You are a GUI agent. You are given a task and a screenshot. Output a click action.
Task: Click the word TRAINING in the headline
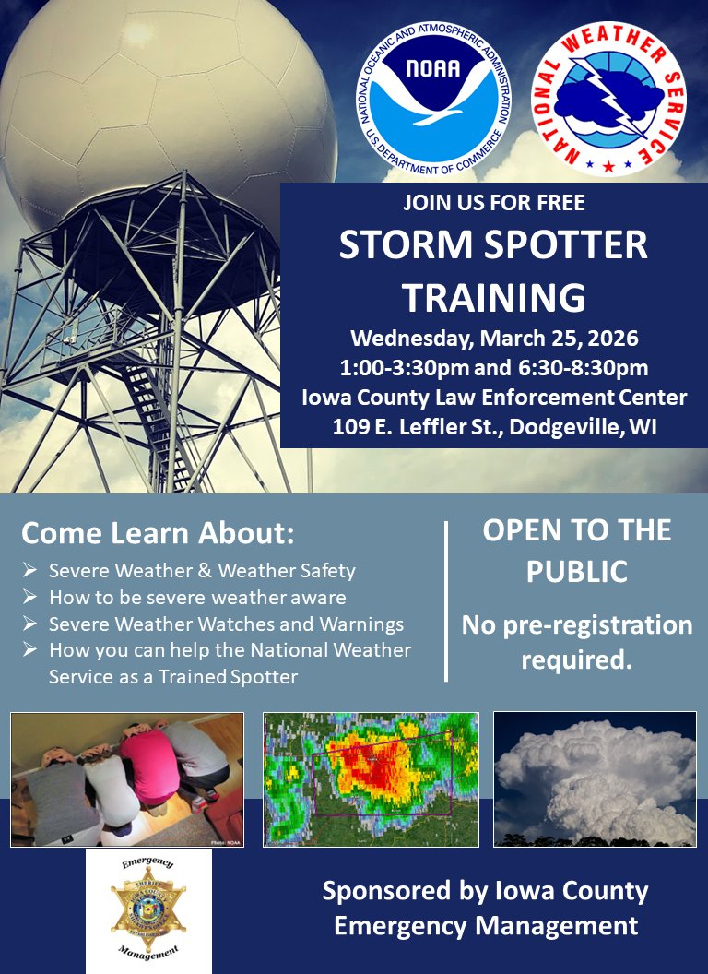[x=493, y=297]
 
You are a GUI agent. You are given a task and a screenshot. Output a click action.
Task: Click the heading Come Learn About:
[x=158, y=533]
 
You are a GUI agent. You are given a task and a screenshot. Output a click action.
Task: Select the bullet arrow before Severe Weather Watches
[x=29, y=624]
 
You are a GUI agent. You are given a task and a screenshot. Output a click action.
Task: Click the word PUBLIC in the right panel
[x=577, y=572]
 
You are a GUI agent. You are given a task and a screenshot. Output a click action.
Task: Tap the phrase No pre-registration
[x=577, y=625]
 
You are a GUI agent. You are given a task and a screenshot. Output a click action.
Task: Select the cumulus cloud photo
[x=595, y=779]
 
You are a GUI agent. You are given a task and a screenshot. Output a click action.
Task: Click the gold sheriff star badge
[x=148, y=909]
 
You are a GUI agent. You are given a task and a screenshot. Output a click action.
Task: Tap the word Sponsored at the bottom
[x=379, y=892]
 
